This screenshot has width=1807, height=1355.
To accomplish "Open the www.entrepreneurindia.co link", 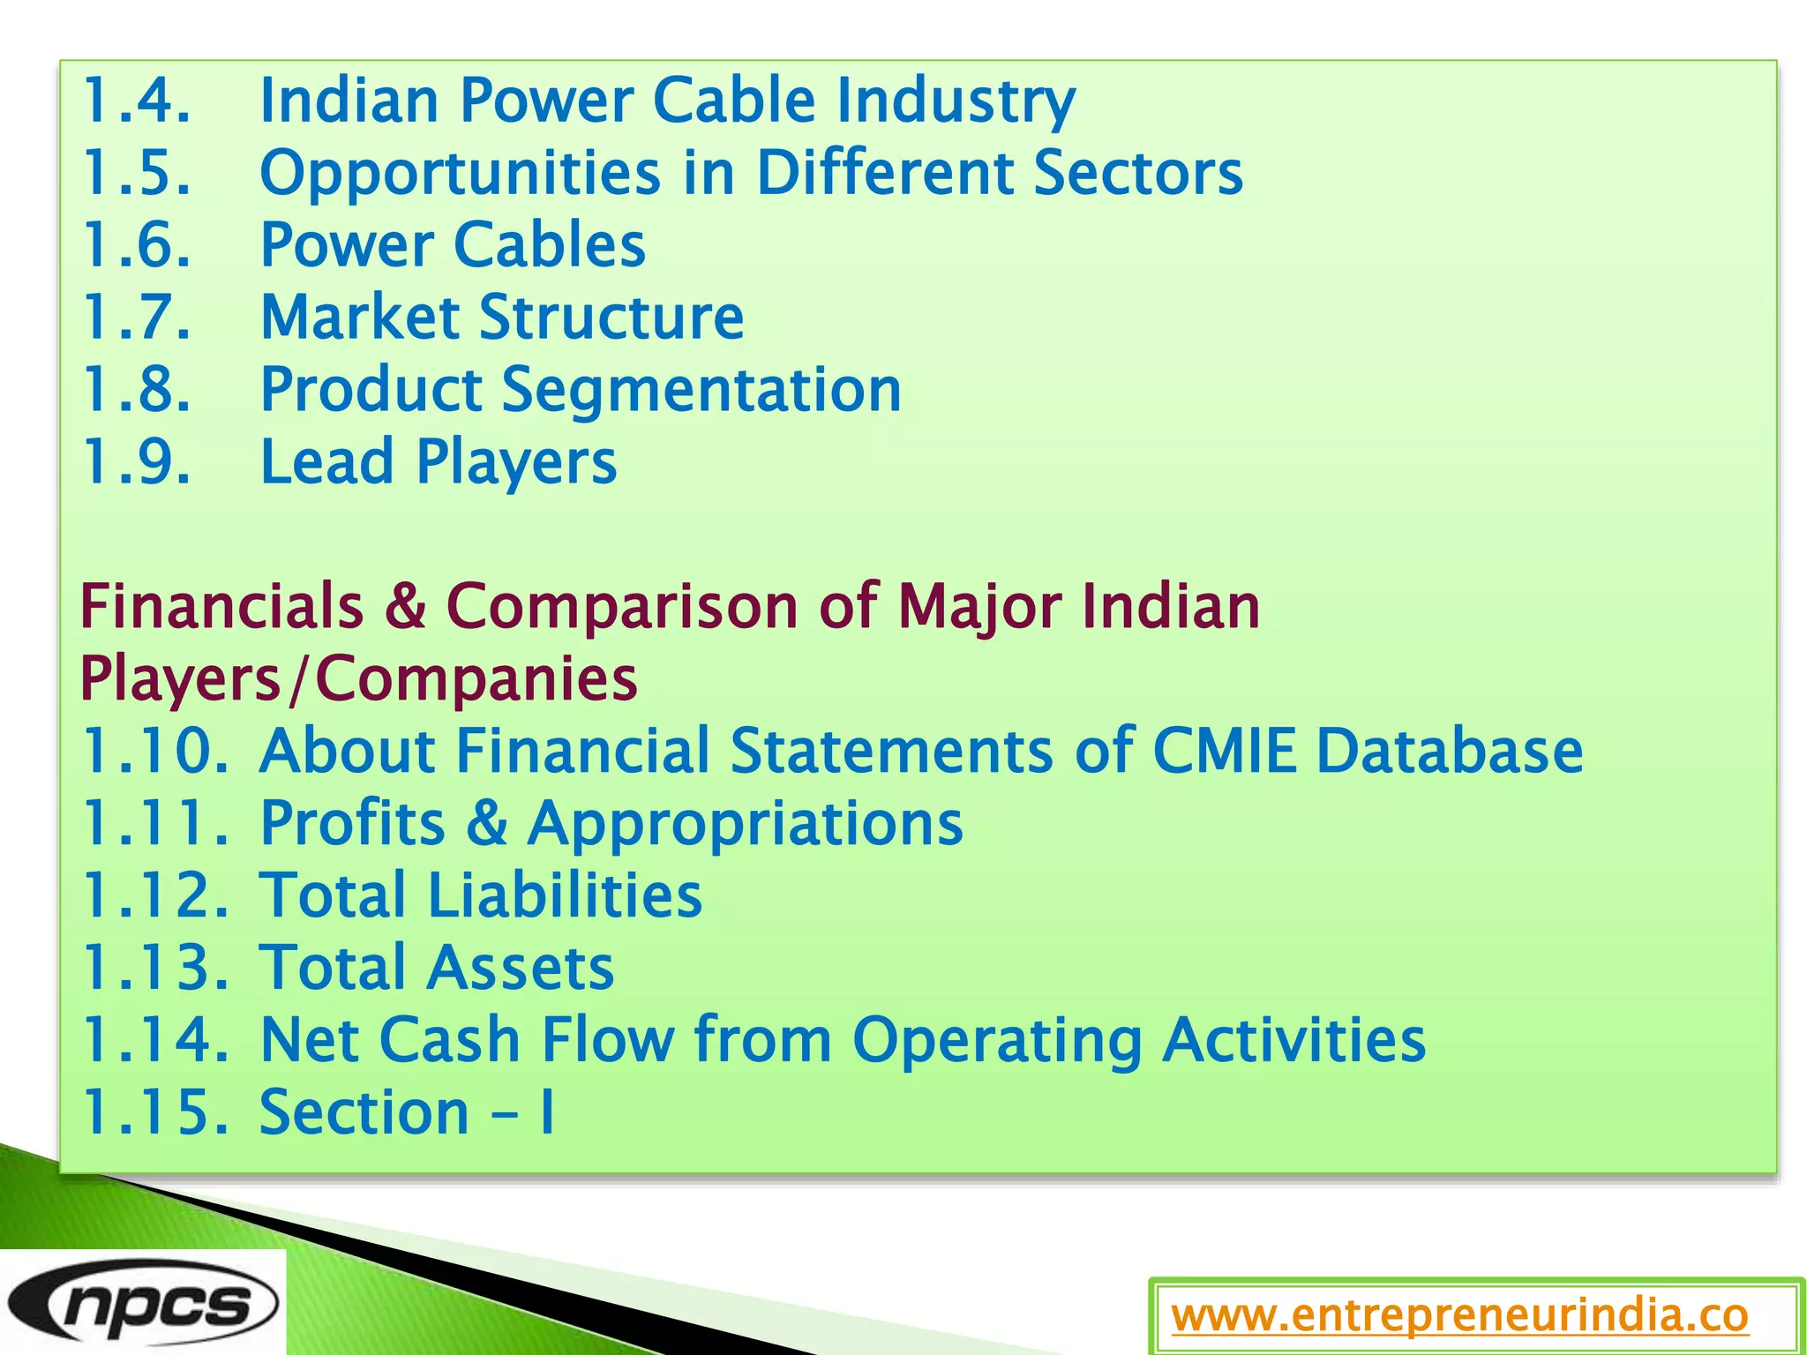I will point(1459,1316).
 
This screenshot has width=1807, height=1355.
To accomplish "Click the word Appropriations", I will point(746,823).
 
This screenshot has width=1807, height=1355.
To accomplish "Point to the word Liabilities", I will point(565,895).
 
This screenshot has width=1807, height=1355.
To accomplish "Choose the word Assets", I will point(521,968).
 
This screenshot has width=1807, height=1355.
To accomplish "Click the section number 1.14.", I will point(154,1040).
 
